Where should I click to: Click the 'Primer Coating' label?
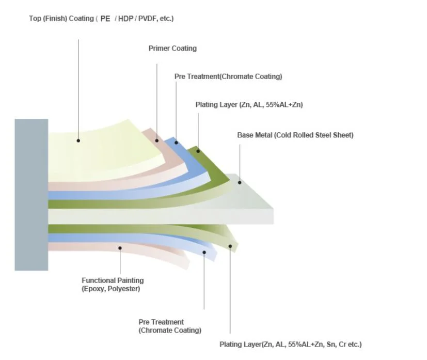tap(172, 49)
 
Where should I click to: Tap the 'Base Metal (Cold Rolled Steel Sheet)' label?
tap(295, 135)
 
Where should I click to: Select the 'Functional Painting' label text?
tap(113, 280)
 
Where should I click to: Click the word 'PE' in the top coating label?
tap(105, 19)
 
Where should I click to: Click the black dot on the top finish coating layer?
tap(78, 140)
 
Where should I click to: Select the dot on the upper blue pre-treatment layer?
tap(176, 143)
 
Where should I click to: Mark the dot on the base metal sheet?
tap(240, 182)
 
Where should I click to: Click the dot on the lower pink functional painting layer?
tap(120, 248)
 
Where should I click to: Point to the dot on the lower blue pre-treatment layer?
tap(204, 253)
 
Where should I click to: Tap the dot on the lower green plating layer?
tap(230, 246)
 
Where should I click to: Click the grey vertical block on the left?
tap(31, 194)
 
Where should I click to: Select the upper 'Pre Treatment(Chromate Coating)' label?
tap(228, 76)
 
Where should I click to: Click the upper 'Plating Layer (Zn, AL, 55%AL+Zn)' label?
tap(249, 105)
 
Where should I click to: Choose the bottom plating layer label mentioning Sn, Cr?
tap(290, 345)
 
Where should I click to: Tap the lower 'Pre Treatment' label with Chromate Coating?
tap(170, 326)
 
